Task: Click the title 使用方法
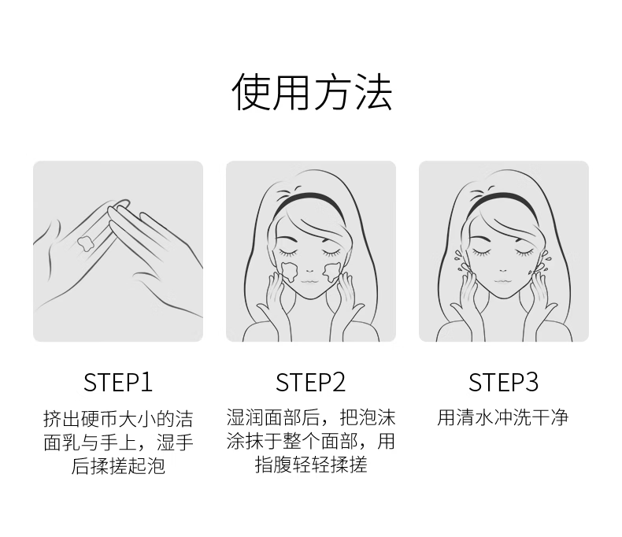coord(312,91)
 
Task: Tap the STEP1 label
coord(118,383)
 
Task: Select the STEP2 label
coord(310,383)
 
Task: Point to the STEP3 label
coord(503,383)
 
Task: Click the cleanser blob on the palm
coord(85,243)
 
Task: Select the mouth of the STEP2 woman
coord(309,281)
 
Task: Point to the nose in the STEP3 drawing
coord(503,271)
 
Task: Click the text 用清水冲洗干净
coord(503,417)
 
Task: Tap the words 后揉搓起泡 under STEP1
coord(118,465)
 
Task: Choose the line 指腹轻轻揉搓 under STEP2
coord(311,465)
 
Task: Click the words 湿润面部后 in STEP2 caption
coord(273,417)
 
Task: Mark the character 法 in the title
coord(374,91)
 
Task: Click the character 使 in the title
coord(250,91)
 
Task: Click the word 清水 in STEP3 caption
coord(475,417)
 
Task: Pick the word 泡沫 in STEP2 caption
coord(377,417)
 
